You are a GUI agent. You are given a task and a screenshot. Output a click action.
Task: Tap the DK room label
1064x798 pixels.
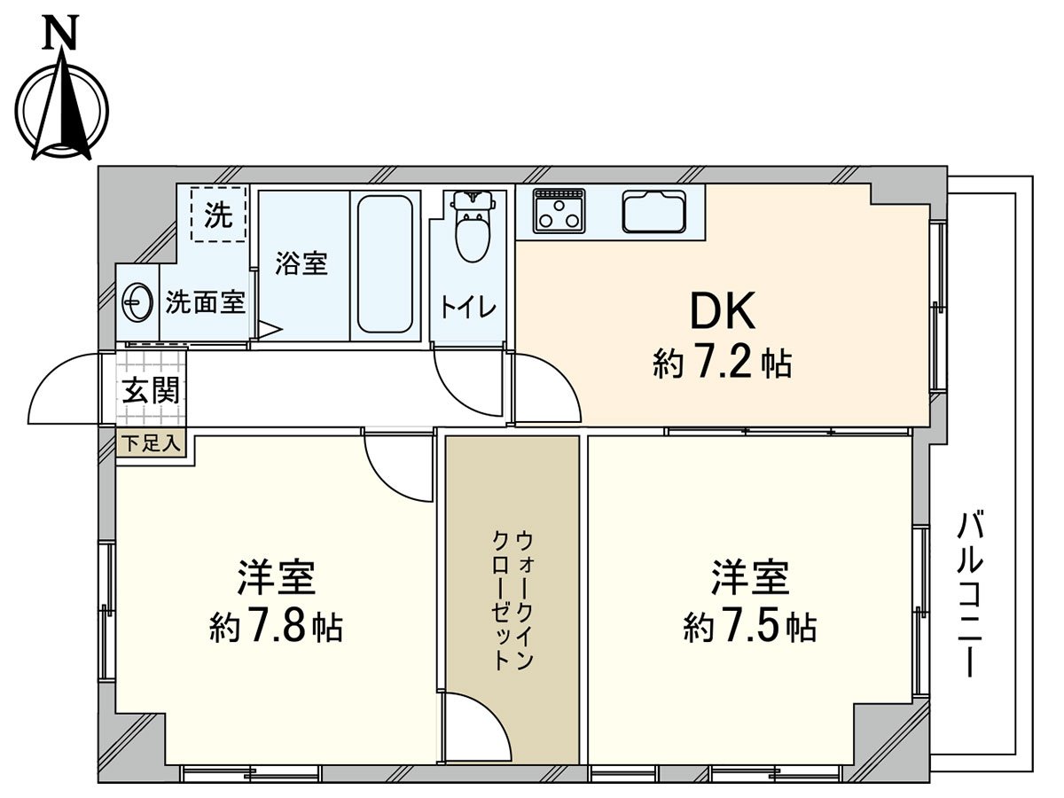[x=722, y=312]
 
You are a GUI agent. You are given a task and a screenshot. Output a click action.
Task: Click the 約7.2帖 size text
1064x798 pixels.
[x=722, y=364]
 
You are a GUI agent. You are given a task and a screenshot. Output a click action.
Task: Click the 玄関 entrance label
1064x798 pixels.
[x=151, y=390]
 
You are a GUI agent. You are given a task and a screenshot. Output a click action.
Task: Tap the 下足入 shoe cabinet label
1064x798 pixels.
[x=151, y=444]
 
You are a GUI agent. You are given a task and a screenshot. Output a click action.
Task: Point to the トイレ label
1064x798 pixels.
[x=467, y=308]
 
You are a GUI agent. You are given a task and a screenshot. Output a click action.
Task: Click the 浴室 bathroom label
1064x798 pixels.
[x=301, y=263]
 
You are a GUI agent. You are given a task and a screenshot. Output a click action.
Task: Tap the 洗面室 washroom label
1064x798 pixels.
[x=206, y=303]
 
